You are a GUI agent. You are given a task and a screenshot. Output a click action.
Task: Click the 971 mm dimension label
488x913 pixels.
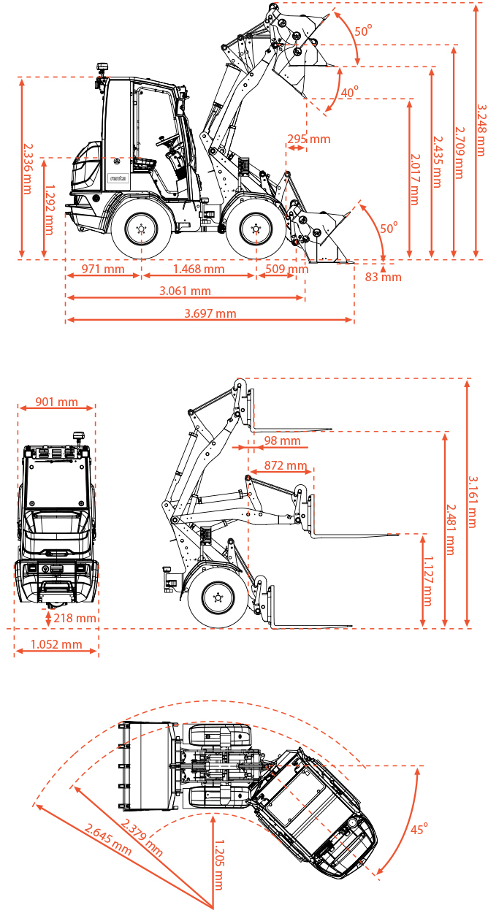click(103, 269)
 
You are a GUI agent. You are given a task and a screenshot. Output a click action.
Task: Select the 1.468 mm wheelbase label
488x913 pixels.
click(199, 269)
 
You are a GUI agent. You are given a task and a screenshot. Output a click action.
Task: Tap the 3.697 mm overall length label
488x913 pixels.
click(210, 313)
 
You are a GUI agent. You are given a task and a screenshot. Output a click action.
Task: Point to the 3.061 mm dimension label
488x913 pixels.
click(185, 291)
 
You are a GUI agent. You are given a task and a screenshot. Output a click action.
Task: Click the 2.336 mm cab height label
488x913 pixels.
click(28, 168)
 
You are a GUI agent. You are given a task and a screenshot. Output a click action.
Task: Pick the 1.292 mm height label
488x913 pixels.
click(49, 210)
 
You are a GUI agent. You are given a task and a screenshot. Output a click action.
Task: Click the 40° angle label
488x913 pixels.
click(349, 92)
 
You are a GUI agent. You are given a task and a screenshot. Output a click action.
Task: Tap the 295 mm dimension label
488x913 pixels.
click(308, 139)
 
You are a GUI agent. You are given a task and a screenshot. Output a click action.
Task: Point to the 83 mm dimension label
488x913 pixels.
click(383, 277)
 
